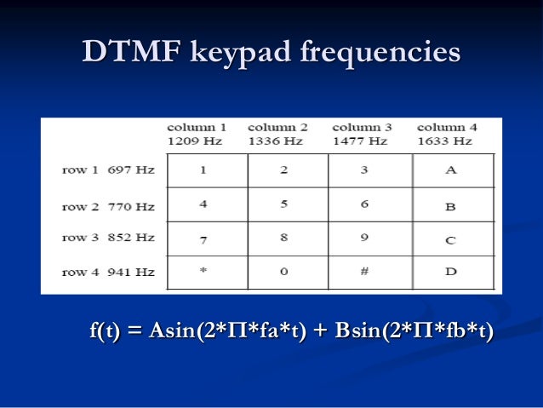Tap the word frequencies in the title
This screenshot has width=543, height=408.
pyautogui.click(x=380, y=52)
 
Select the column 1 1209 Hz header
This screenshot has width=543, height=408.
pyautogui.click(x=197, y=135)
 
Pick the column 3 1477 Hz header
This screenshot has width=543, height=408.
pyautogui.click(x=362, y=135)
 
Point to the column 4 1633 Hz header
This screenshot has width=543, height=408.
pyautogui.click(x=447, y=135)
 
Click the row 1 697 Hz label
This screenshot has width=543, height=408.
pyautogui.click(x=108, y=170)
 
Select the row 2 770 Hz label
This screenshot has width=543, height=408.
pyautogui.click(x=108, y=205)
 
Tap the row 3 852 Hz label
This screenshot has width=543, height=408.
pyautogui.click(x=108, y=238)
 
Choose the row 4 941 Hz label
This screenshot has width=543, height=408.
pyautogui.click(x=108, y=273)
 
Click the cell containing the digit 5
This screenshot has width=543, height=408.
pyautogui.click(x=284, y=205)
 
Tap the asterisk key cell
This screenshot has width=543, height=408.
pyautogui.click(x=203, y=273)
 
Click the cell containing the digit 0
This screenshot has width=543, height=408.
pyautogui.click(x=284, y=273)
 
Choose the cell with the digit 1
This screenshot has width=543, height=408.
pyautogui.click(x=203, y=170)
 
